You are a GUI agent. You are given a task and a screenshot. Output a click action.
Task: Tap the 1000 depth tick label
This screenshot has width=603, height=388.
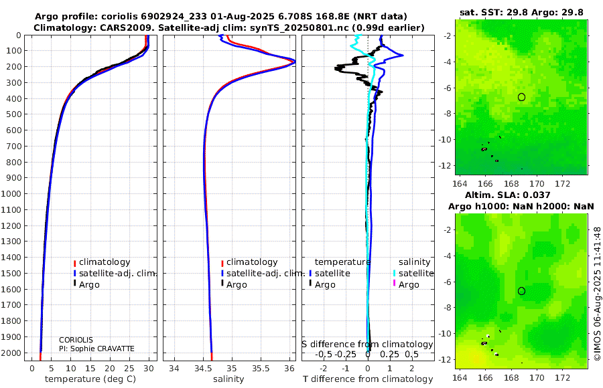point(11,193)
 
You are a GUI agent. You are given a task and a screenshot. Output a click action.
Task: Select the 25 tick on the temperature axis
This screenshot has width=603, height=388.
point(129,368)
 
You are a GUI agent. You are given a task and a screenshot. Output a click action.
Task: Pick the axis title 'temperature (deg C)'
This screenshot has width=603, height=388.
point(90,379)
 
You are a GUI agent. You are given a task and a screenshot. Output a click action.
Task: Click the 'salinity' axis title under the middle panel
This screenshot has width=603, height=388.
point(228,379)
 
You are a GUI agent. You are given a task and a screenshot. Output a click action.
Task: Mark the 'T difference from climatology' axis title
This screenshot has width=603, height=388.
point(368,379)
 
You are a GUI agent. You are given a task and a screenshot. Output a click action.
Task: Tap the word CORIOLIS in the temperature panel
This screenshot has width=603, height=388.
point(76,340)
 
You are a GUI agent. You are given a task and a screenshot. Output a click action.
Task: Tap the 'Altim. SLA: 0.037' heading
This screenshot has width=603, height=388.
point(508,195)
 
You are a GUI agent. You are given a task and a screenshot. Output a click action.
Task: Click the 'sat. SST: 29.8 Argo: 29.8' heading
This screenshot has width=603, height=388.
point(521,12)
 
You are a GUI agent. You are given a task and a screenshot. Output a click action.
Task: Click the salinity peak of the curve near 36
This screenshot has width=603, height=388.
point(294,62)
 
